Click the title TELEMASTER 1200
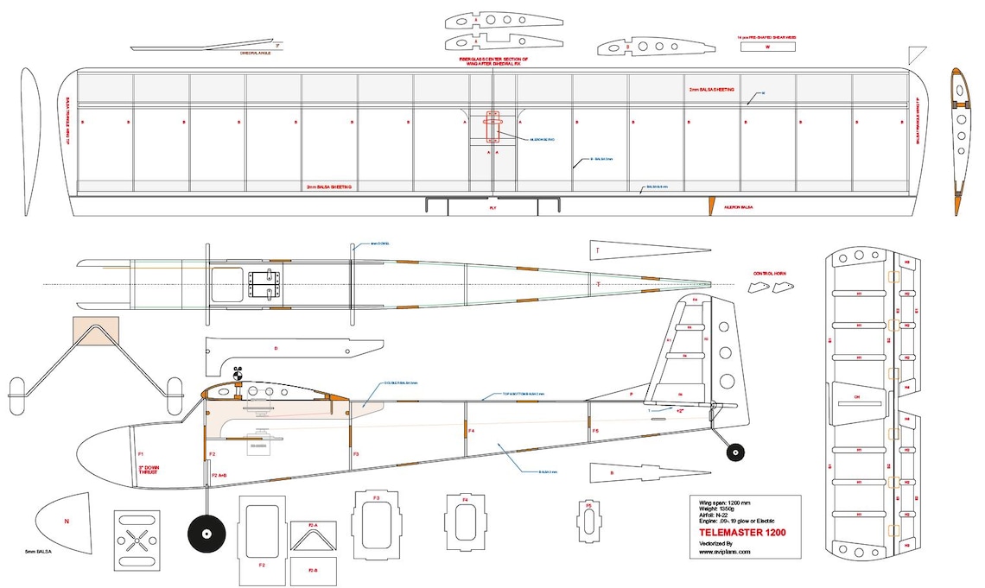744,533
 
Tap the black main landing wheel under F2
206,533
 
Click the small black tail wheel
735,451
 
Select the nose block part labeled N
67,521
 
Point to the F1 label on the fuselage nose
139,453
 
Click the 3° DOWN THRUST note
151,473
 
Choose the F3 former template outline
376,520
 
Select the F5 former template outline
588,521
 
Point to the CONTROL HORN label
770,273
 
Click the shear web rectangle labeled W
767,48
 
